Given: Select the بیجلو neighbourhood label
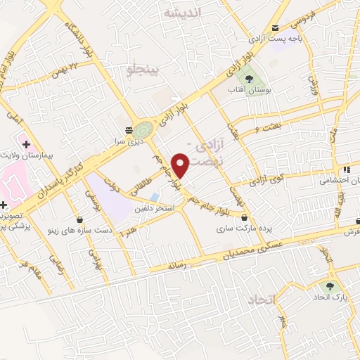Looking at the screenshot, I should click(145, 69).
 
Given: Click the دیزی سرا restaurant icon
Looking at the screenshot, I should click(128, 130).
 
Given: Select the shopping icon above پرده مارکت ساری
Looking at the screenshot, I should click(244, 218).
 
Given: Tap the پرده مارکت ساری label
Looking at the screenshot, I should click(243, 229).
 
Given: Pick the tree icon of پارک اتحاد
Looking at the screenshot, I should click(328, 286).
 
